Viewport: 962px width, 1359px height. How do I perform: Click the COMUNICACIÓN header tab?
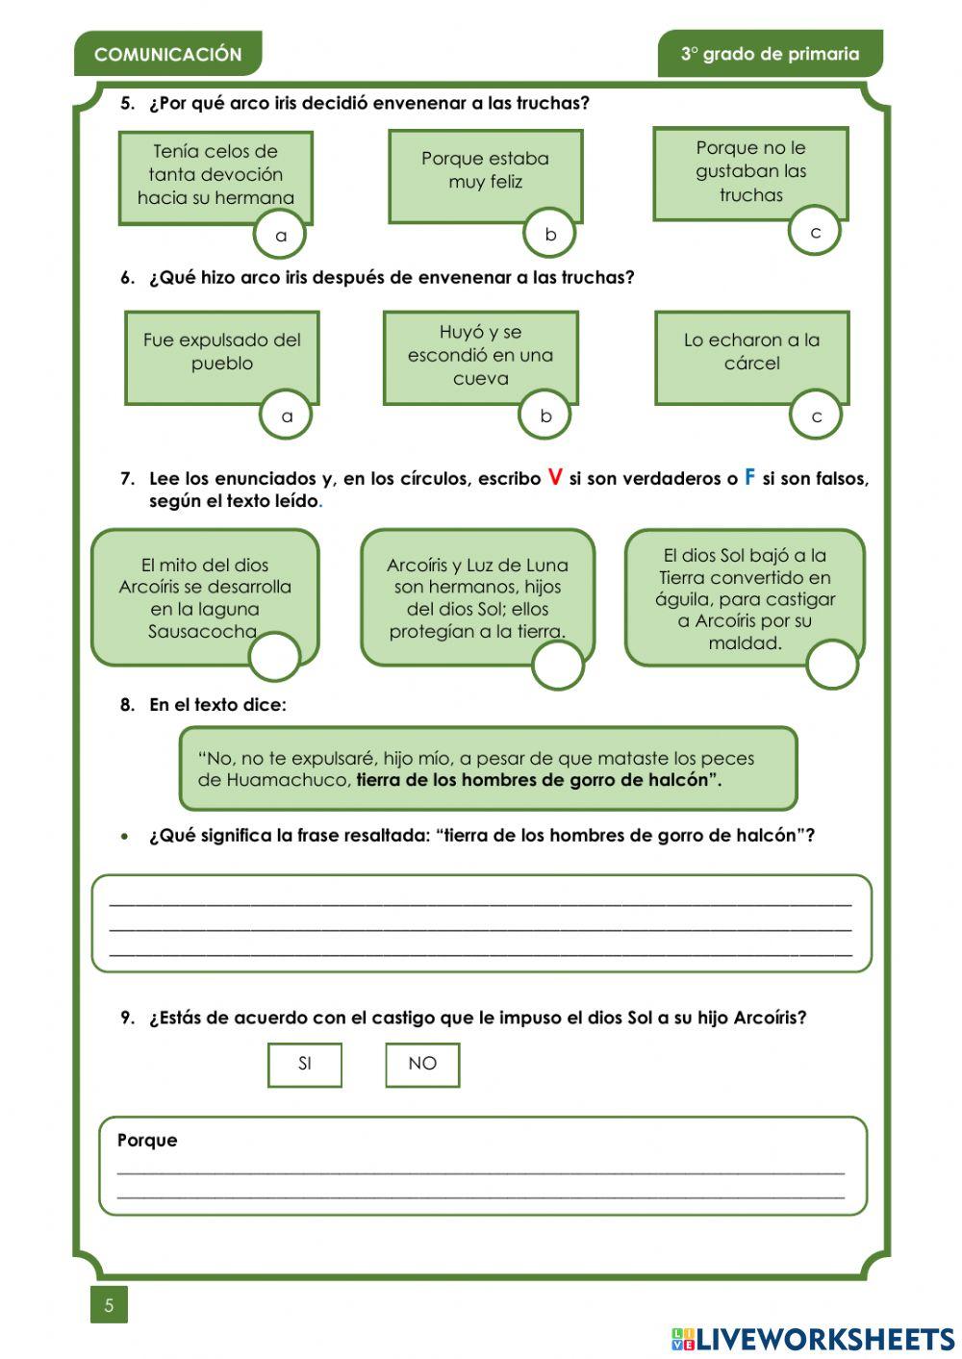pos(167,55)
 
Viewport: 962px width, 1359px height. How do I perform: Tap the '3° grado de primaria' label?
pos(770,54)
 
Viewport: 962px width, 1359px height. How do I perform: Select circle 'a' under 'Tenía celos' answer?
pos(280,235)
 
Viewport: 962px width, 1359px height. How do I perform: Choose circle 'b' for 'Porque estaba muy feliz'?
pos(550,234)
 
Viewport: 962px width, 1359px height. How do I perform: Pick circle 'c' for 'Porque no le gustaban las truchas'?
pos(815,232)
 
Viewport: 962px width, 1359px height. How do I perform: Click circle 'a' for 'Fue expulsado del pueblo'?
pos(286,416)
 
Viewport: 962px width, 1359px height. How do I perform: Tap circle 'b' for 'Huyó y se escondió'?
pos(545,415)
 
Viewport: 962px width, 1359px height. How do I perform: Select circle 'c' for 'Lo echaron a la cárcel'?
pos(816,416)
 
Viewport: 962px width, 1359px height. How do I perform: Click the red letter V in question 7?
pos(555,477)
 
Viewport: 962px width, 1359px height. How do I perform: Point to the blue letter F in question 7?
pos(750,477)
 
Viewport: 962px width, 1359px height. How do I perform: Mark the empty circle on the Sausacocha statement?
pos(274,657)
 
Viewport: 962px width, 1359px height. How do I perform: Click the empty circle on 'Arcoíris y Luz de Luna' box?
pos(558,665)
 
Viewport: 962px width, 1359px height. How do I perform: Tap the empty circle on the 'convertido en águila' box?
pos(831,665)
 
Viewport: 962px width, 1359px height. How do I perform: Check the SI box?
pos(305,1064)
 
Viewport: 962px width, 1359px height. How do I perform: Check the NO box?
pos(422,1064)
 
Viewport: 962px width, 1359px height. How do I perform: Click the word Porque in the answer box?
pos(147,1140)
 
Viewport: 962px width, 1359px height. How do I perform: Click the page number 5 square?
pos(109,1305)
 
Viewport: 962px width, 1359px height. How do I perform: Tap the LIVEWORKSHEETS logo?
pos(812,1339)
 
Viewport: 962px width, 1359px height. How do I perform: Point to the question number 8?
pos(127,705)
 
